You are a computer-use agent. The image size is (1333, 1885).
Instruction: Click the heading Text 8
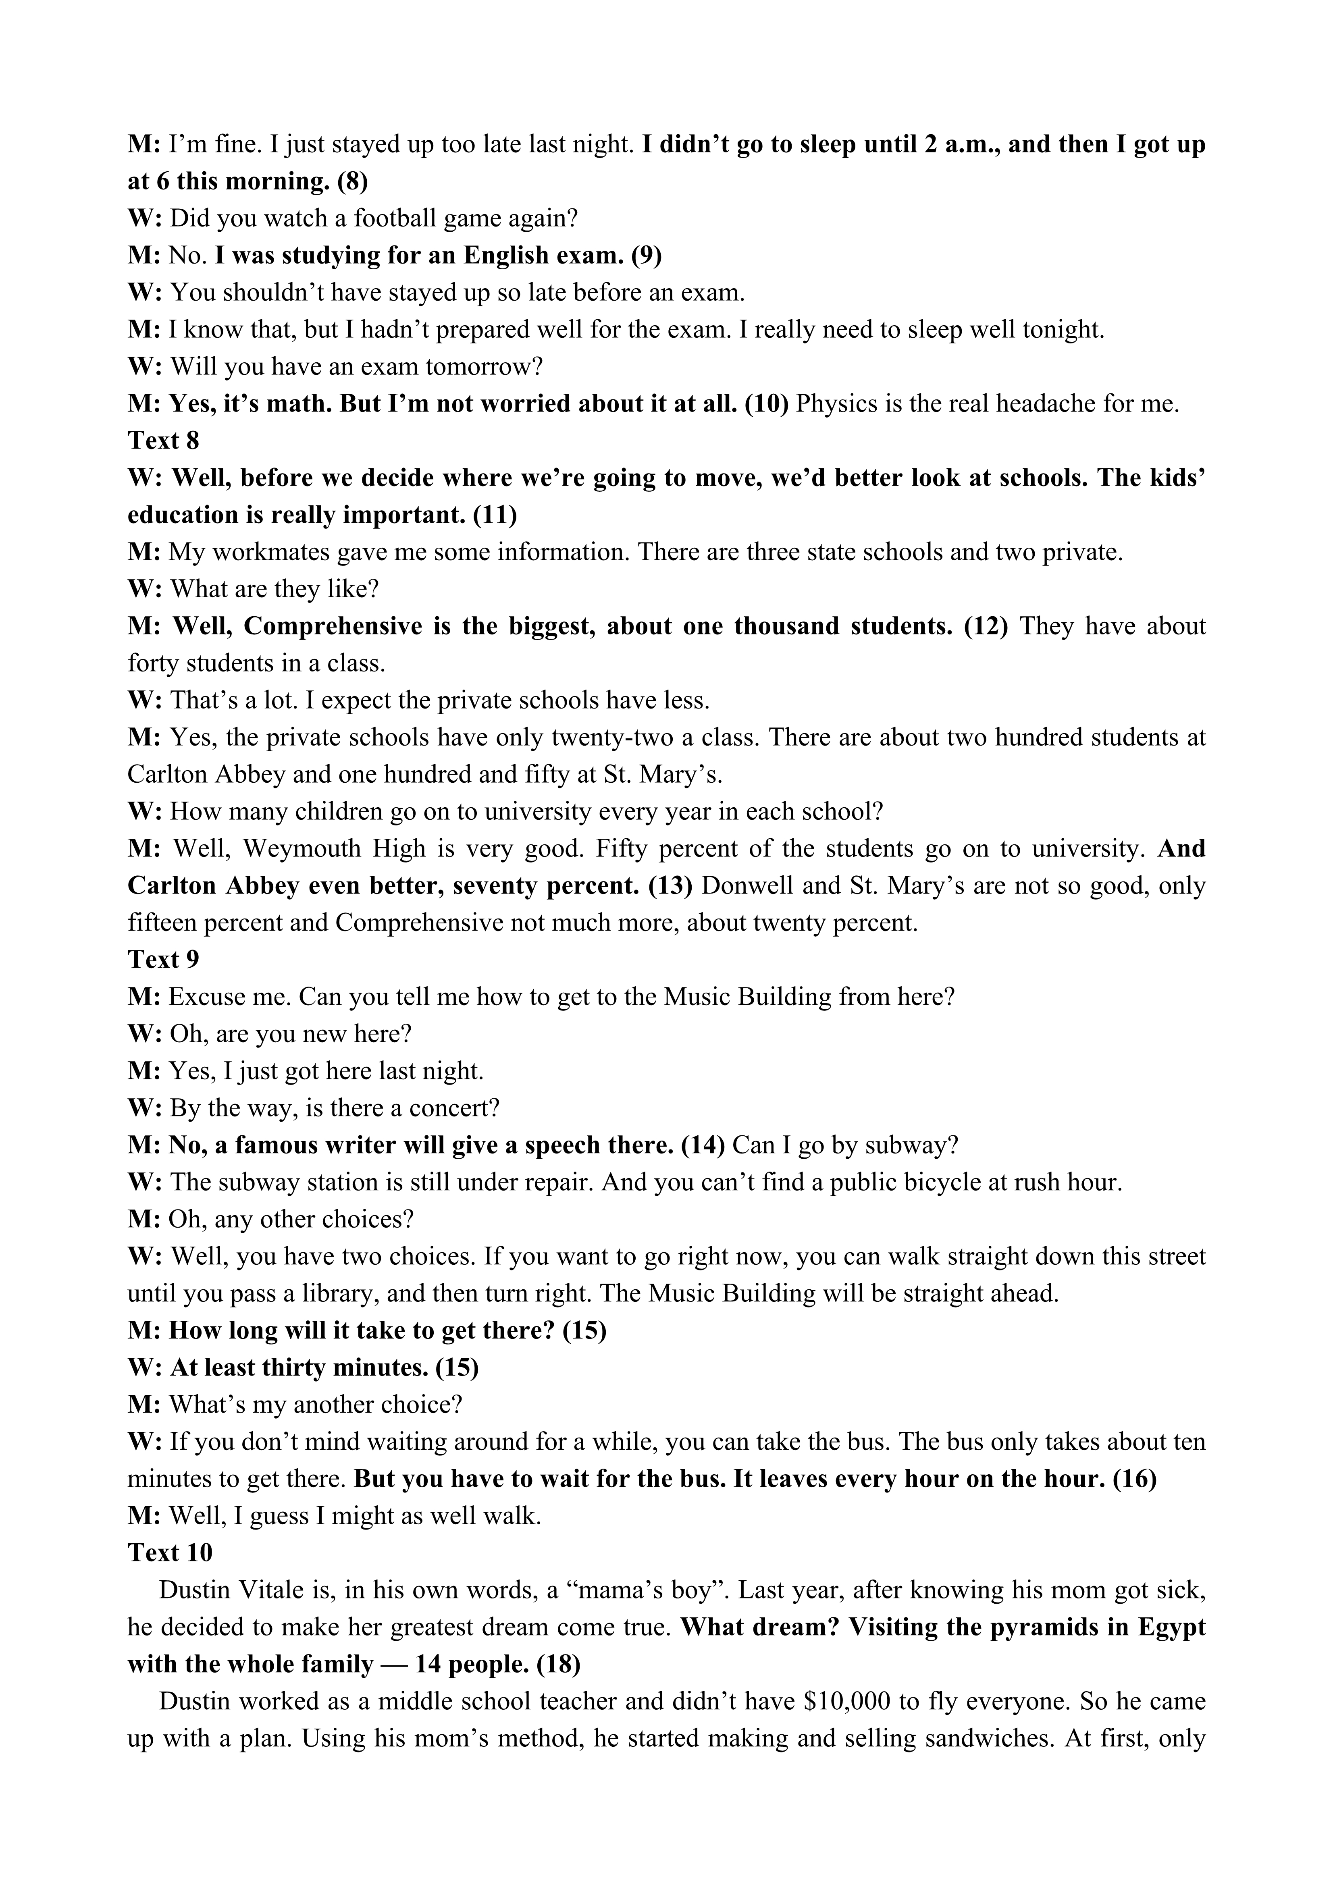point(163,441)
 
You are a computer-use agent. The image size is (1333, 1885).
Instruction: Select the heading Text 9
point(163,960)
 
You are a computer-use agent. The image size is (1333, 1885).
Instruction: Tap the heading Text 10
point(170,1552)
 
